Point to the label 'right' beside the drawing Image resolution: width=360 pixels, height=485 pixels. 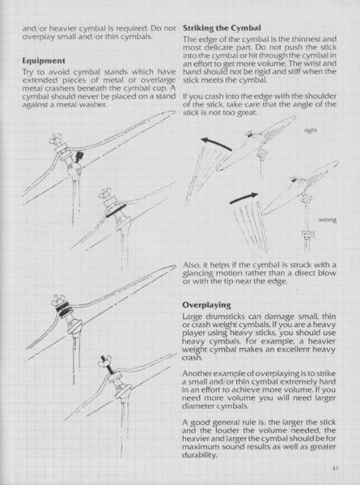tap(310, 130)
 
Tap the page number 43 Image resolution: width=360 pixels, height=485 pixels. tap(334, 467)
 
